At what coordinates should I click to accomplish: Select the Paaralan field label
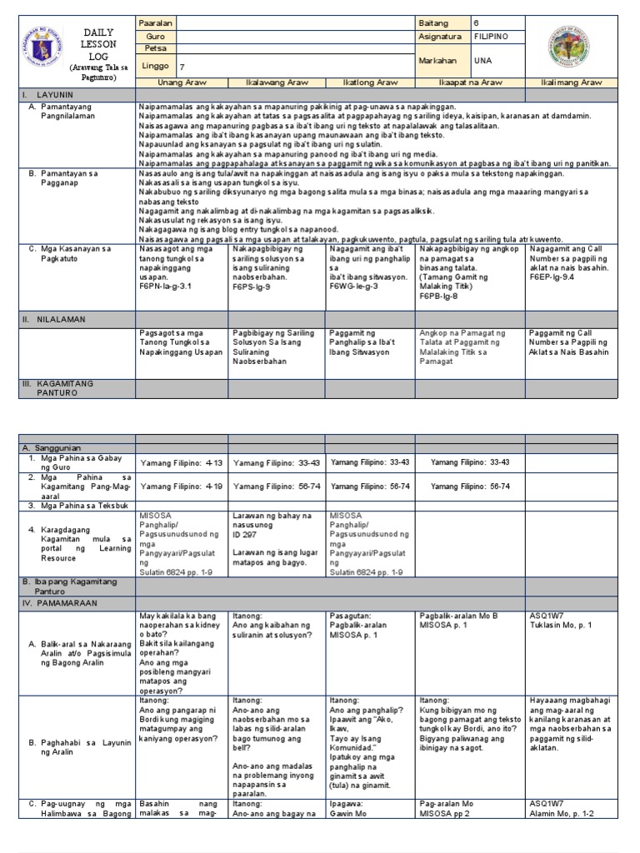(x=156, y=22)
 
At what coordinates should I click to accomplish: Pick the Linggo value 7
(x=182, y=66)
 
